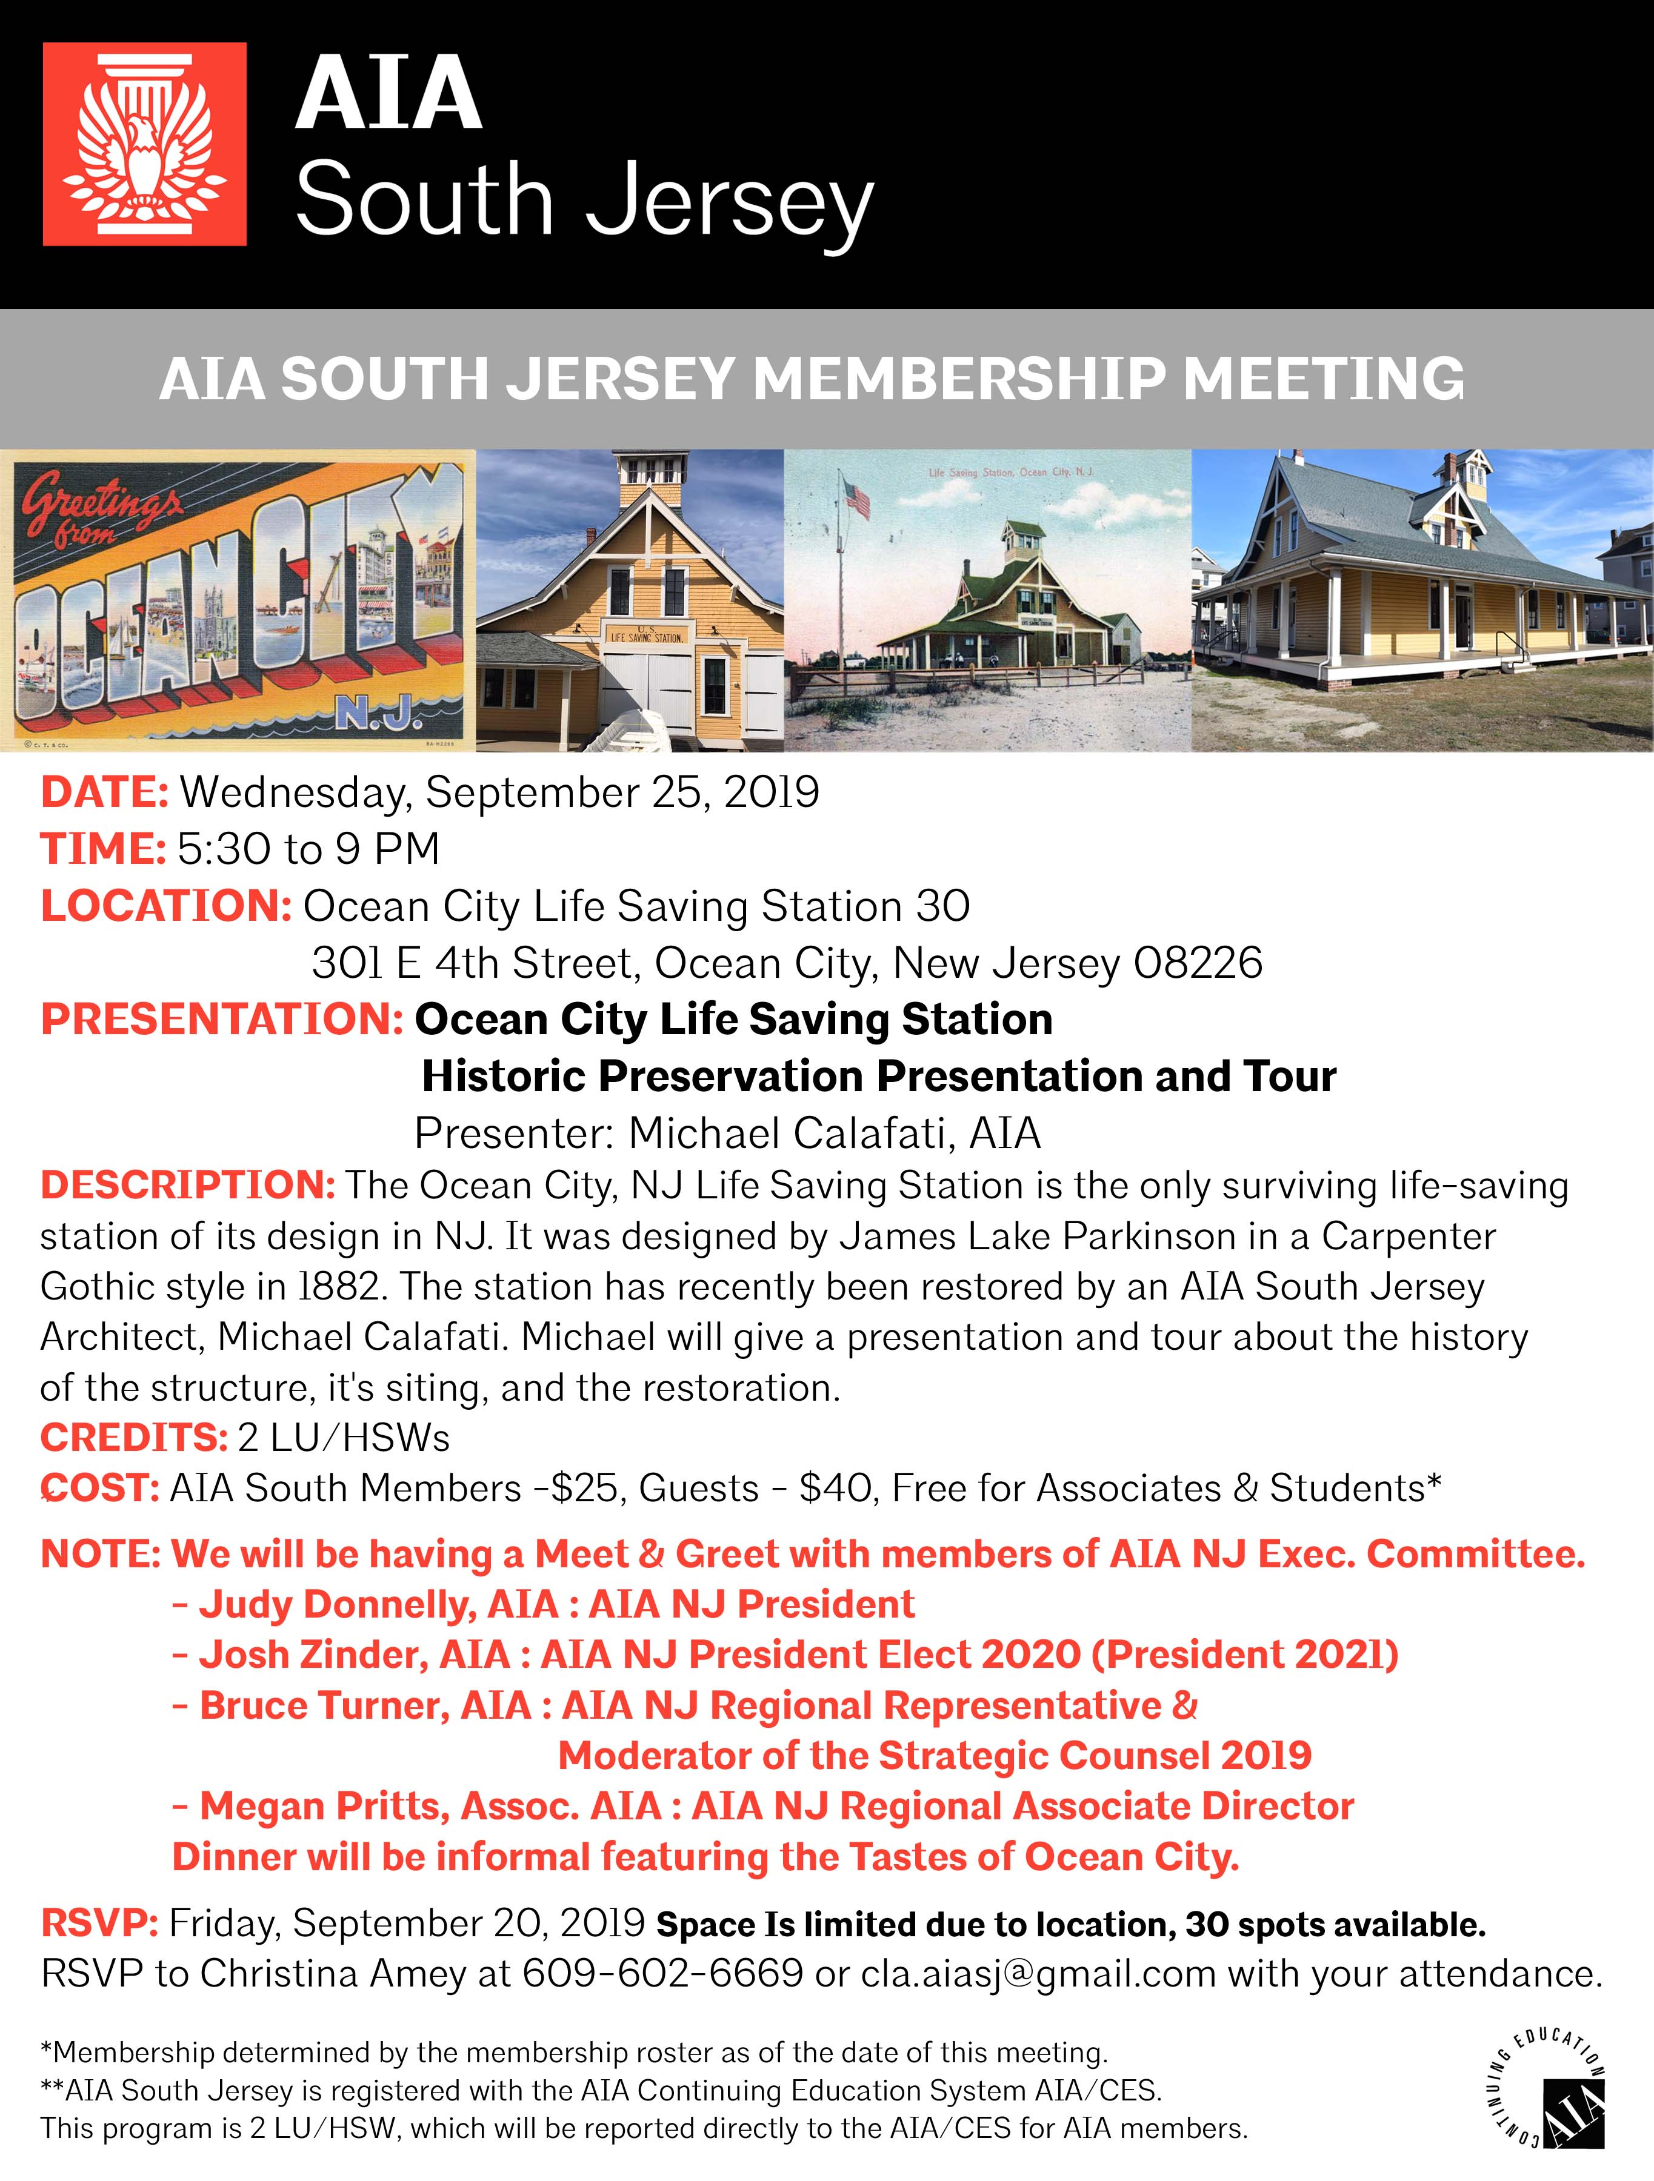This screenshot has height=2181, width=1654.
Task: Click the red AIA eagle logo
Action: (x=144, y=144)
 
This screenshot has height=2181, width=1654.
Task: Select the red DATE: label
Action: (x=104, y=792)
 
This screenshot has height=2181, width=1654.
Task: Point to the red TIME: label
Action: (x=102, y=849)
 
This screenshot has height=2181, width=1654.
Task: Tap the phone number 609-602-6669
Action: (x=663, y=1973)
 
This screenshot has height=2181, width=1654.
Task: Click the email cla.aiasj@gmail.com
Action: (x=1038, y=1973)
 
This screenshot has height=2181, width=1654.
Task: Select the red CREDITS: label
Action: (x=134, y=1438)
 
